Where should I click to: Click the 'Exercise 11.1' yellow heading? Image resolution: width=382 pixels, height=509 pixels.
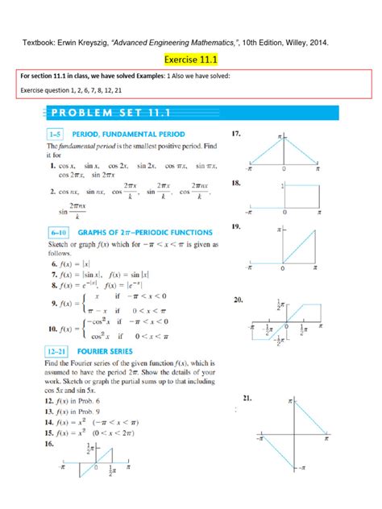pyautogui.click(x=190, y=59)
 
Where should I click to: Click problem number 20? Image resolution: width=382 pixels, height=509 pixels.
pyautogui.click(x=237, y=300)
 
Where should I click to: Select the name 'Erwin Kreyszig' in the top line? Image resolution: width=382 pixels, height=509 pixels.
pyautogui.click(x=86, y=39)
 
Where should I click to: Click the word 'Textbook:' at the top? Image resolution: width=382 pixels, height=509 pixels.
pyautogui.click(x=38, y=39)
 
